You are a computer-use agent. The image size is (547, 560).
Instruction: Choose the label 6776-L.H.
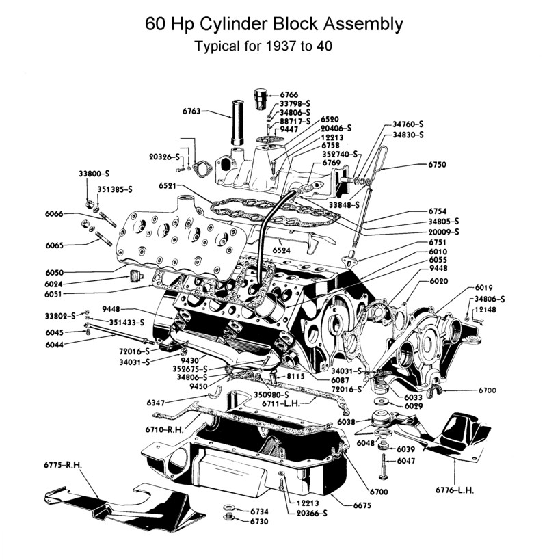click(455, 490)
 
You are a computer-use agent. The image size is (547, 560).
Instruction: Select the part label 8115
click(296, 375)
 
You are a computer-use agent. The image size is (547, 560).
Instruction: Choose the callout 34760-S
click(408, 124)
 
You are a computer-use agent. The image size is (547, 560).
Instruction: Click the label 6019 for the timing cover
click(484, 288)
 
